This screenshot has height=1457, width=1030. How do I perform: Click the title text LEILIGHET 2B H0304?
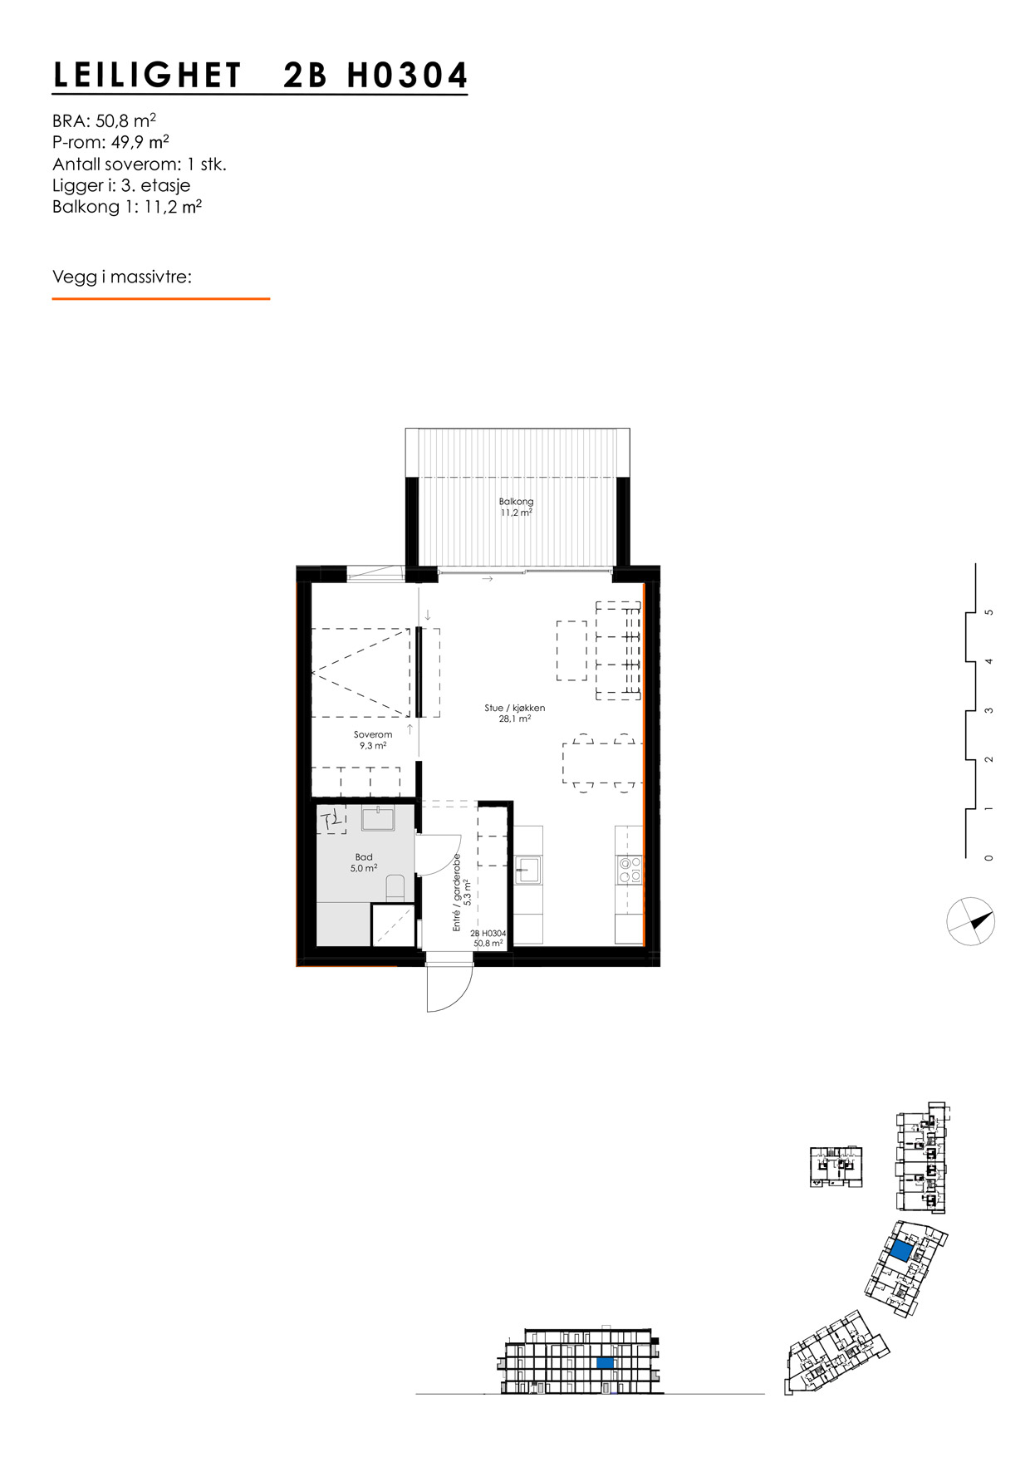(260, 76)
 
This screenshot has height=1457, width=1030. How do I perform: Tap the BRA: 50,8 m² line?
(104, 120)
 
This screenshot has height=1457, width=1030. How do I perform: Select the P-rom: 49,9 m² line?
(110, 142)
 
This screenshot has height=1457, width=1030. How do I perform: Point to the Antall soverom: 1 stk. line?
(139, 164)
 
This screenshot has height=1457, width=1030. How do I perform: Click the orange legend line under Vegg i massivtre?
(160, 298)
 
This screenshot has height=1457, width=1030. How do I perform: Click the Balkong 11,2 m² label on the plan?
(516, 507)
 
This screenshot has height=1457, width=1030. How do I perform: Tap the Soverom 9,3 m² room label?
(372, 740)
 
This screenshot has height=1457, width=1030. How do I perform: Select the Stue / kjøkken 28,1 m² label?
(515, 714)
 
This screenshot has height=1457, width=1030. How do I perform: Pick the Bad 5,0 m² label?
(364, 862)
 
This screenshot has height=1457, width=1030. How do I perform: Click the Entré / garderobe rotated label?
(463, 891)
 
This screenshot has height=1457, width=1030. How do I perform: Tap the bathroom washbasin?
(378, 818)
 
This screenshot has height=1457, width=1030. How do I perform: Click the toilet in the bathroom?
(395, 888)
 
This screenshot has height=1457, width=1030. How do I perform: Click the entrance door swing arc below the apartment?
(449, 989)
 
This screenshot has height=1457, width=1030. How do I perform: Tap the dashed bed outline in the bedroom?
(360, 672)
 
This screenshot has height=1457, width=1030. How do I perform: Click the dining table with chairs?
(603, 763)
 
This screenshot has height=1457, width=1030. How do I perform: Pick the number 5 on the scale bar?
(988, 612)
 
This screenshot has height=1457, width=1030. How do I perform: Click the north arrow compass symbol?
(971, 921)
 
